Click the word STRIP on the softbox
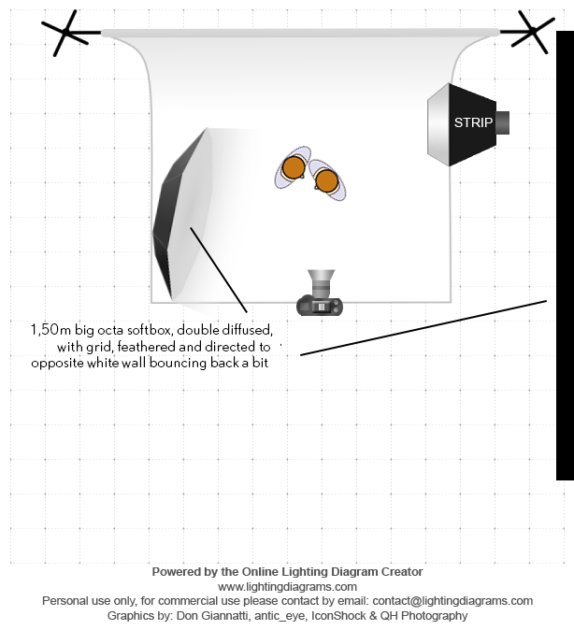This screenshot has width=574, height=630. click(x=472, y=122)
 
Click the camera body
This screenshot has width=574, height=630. click(x=321, y=305)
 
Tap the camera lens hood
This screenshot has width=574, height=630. click(x=322, y=279)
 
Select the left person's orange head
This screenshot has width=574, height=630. click(x=294, y=168)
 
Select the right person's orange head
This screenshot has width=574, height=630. click(x=324, y=179)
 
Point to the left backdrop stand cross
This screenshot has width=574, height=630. click(x=67, y=34)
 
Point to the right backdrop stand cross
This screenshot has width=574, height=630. click(x=526, y=33)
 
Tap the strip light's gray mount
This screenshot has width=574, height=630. click(x=503, y=122)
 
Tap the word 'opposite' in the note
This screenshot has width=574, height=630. click(x=56, y=363)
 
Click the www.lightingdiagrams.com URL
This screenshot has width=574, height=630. click(x=287, y=586)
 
